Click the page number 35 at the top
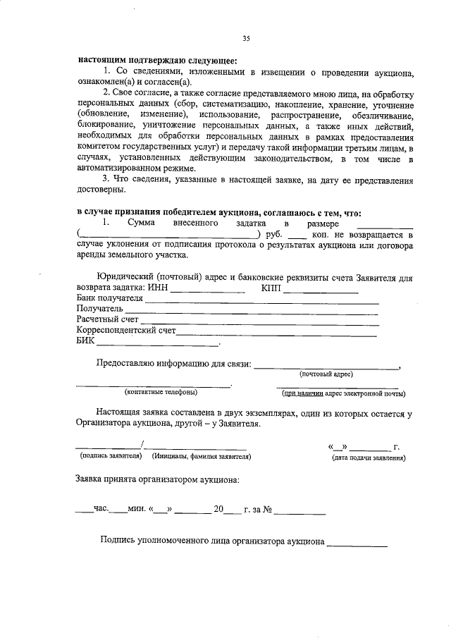coord(246,38)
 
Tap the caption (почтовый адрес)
coord(326,374)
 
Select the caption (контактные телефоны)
coord(161,392)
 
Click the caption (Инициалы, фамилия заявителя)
coord(202,457)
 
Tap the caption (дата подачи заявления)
coord(369,458)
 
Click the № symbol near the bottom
coord(268,509)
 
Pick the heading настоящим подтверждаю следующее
coord(157,59)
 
